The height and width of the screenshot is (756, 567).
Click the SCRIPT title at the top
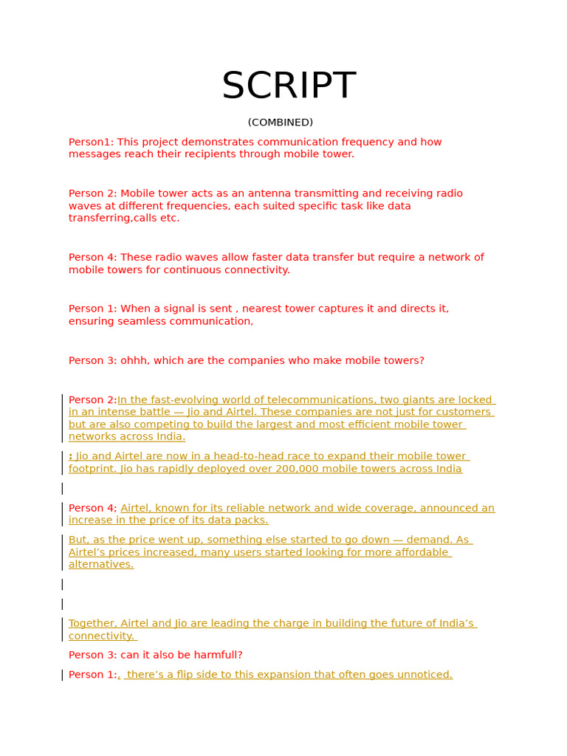289,86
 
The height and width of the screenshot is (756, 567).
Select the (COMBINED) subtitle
281,123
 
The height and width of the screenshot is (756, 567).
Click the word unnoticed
423,675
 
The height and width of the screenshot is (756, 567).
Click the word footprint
91,469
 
